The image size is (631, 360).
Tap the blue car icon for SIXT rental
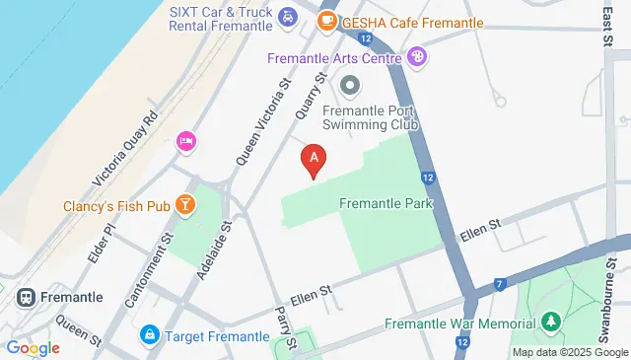tap(287, 16)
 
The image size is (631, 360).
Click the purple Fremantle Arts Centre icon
tap(418, 57)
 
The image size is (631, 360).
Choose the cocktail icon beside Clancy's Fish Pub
tap(183, 204)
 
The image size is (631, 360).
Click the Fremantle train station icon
tap(25, 296)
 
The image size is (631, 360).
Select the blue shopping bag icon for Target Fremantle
tap(150, 336)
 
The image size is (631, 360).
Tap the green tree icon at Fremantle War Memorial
tap(550, 322)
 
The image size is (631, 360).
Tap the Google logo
tap(33, 347)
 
